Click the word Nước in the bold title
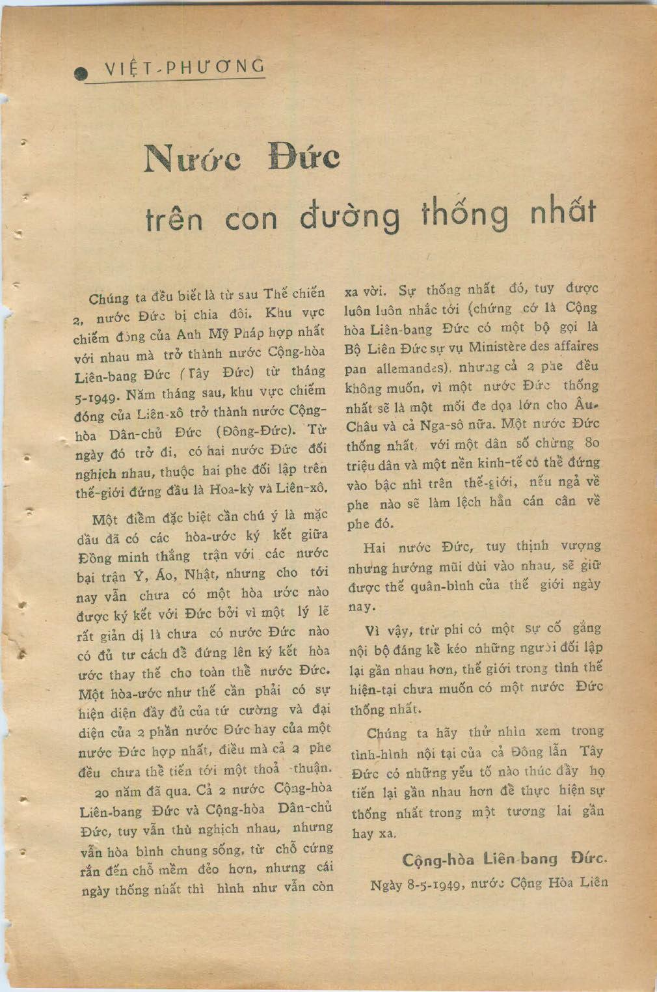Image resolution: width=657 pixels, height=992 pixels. click(x=191, y=158)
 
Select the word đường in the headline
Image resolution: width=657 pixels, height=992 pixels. click(x=349, y=215)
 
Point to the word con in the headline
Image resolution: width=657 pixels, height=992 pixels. click(x=251, y=219)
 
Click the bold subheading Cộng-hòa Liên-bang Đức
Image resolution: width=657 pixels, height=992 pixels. click(x=505, y=859)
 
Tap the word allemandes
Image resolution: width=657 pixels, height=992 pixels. click(x=412, y=367)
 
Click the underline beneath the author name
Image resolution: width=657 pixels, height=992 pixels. click(x=176, y=81)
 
